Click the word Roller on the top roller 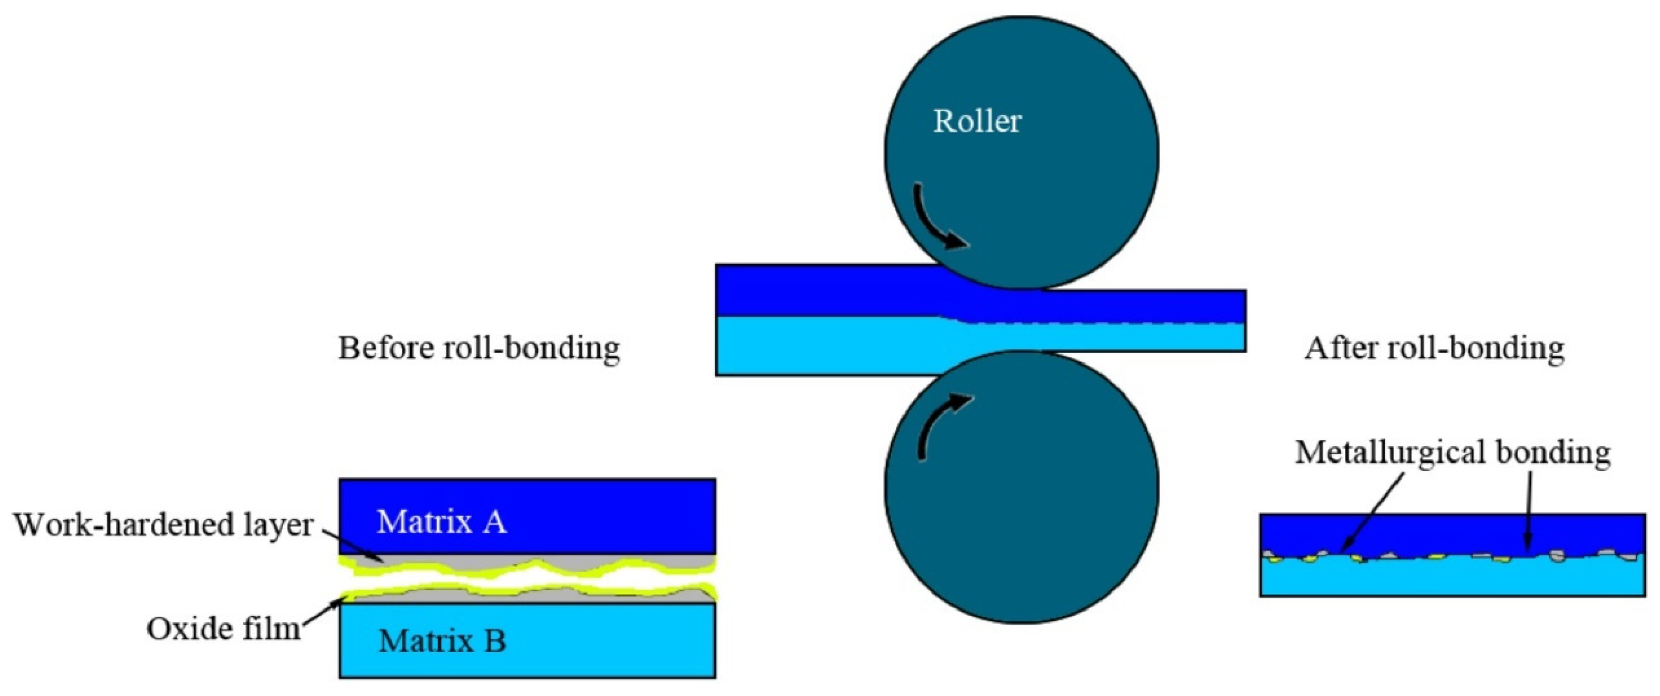pos(977,121)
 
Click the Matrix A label pos(441,522)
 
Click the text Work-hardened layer pos(164,525)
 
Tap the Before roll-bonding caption pos(479,348)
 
